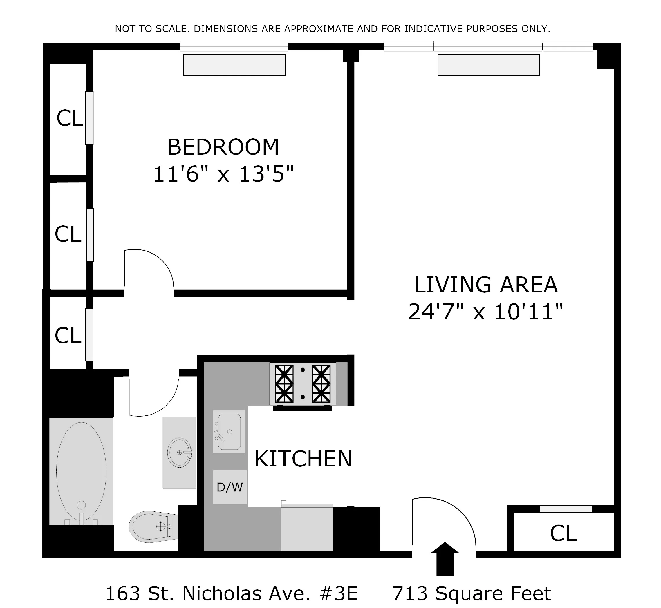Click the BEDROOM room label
pos(223,147)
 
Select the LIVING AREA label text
pos(486,285)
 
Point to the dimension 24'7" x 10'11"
pos(486,312)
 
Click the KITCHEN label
pos(303,459)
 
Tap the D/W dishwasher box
pos(230,487)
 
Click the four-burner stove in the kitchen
pos(303,383)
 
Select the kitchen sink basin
pos(229,432)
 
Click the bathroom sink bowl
pos(179,453)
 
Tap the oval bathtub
pos(81,471)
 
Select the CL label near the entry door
pos(563,533)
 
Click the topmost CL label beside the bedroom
pos(69,118)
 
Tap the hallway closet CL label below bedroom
pos(68,336)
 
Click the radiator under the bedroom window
pos(234,65)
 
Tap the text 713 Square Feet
pos(472,594)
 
